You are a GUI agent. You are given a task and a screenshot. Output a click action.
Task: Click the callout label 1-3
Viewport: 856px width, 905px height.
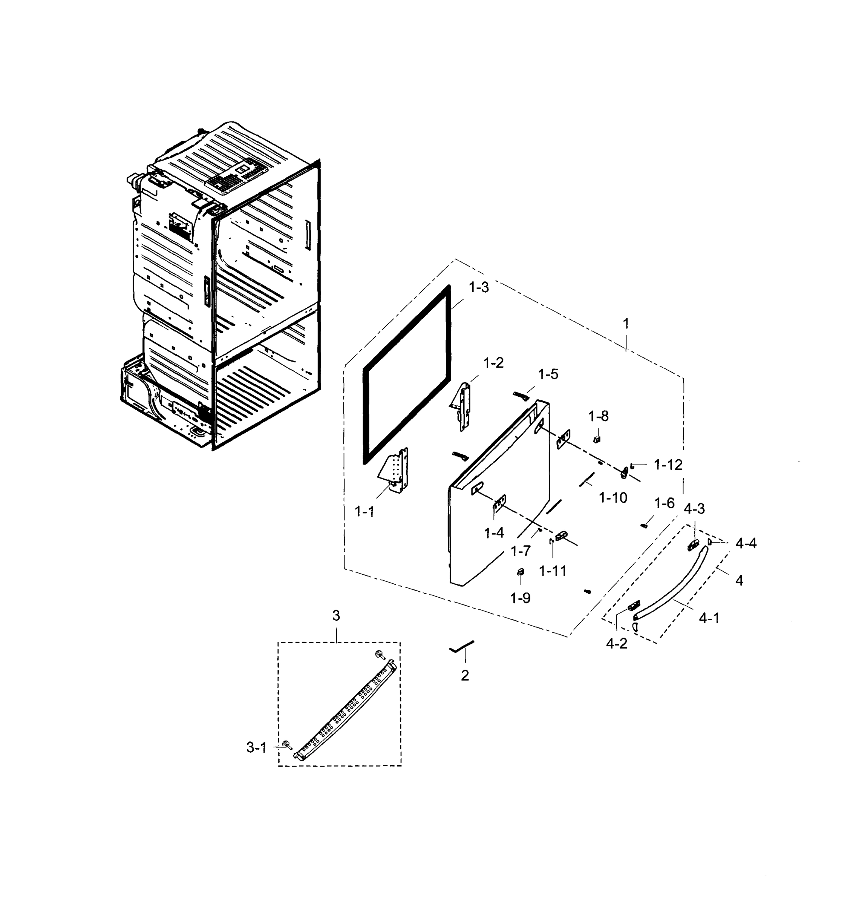pos(479,287)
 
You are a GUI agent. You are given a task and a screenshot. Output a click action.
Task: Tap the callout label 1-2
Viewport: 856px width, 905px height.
pos(493,363)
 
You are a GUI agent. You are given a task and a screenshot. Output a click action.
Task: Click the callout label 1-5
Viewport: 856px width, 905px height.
pos(548,374)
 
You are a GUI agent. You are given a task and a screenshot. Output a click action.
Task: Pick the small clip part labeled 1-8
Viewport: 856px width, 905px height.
pos(596,439)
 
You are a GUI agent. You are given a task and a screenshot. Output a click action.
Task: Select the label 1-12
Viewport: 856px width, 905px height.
pos(668,465)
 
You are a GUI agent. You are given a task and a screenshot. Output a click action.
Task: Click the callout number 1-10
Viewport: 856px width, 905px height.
pos(613,497)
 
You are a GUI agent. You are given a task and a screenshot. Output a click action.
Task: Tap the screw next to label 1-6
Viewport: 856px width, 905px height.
pos(644,526)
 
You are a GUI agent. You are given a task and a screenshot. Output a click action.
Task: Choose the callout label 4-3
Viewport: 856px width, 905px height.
pos(694,508)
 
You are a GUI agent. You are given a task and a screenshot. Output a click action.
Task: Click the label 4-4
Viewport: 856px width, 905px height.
pos(746,543)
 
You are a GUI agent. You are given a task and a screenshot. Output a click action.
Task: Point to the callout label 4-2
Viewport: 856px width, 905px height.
pos(616,644)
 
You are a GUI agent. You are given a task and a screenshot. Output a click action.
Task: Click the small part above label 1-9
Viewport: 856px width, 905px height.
pos(520,571)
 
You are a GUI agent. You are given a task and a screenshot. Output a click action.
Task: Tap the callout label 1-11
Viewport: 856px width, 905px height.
pos(553,571)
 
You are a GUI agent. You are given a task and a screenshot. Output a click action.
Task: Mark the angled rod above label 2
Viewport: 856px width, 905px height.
pos(462,647)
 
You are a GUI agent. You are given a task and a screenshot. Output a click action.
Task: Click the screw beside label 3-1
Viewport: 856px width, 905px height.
pos(288,744)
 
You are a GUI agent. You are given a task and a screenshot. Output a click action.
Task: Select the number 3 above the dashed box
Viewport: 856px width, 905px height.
pos(336,616)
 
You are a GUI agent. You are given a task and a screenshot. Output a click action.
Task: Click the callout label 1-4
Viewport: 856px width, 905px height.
pos(494,532)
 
